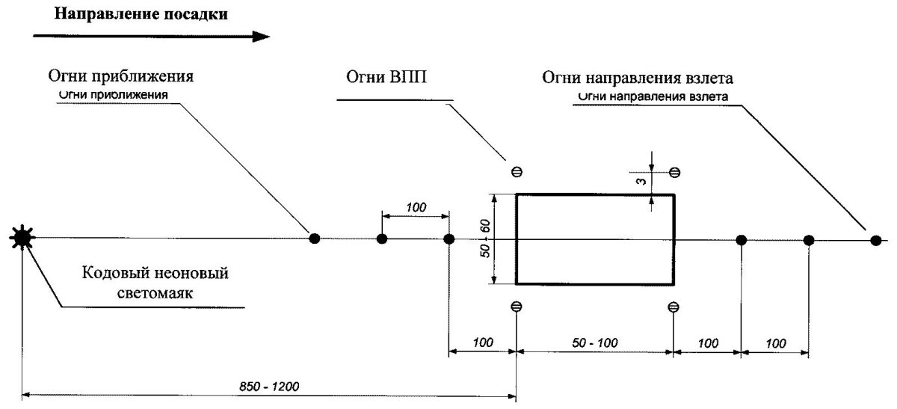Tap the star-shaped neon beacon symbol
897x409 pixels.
point(22,239)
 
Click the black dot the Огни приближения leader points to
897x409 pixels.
point(315,239)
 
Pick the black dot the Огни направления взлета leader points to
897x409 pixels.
point(875,239)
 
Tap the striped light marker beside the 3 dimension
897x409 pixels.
point(674,173)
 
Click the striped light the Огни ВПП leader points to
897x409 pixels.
point(515,172)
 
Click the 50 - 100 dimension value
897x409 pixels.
point(595,342)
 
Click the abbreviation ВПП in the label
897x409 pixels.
point(406,77)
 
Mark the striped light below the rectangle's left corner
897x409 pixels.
point(515,307)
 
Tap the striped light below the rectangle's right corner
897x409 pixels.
point(673,307)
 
